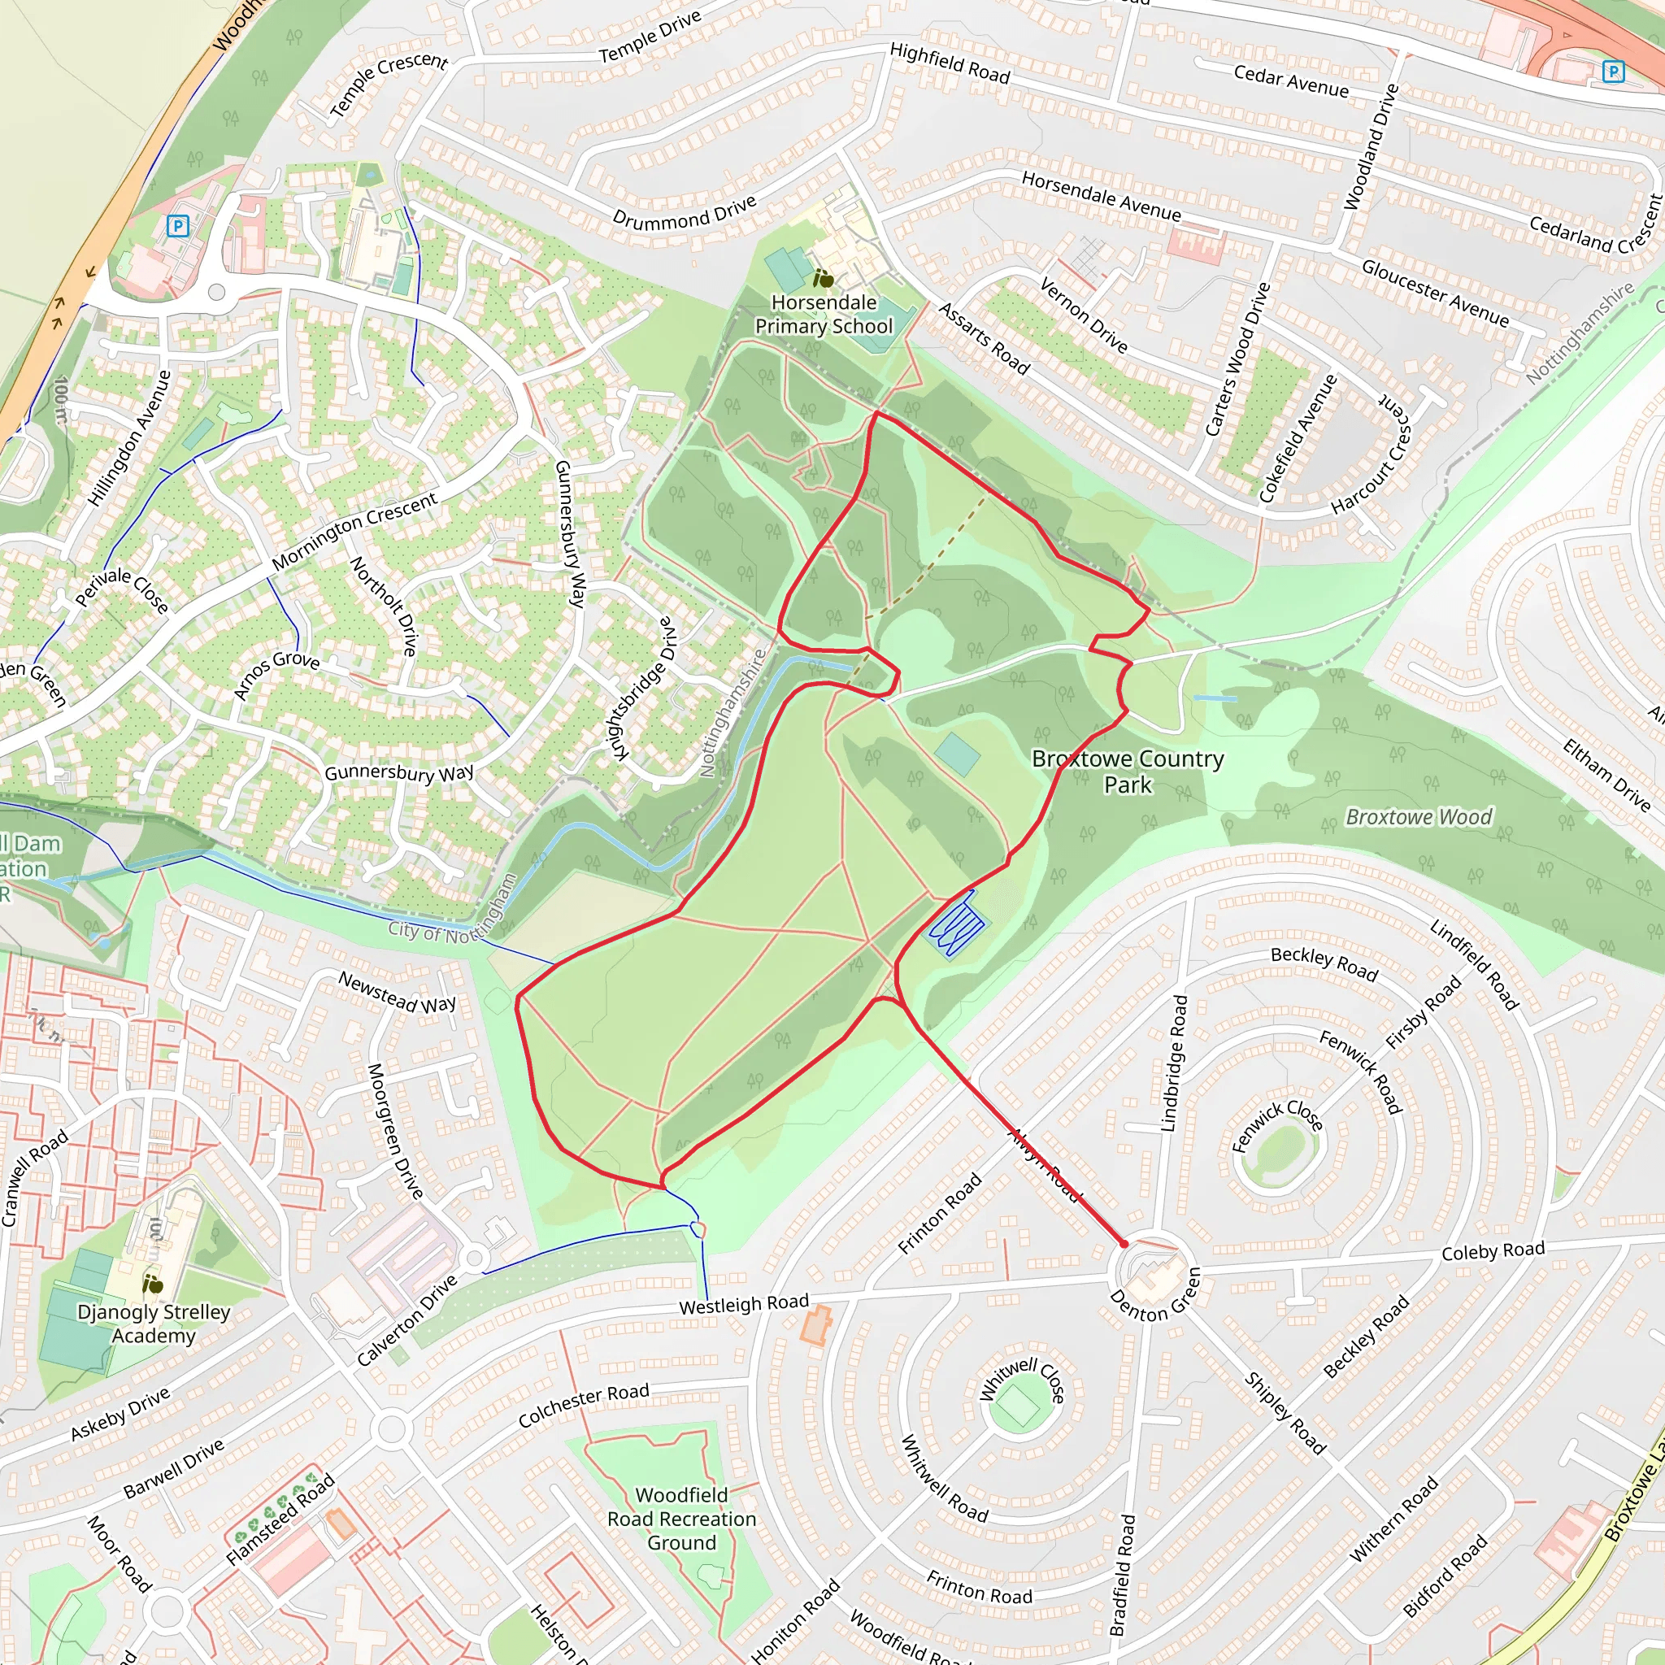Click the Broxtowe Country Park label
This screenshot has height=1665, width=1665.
click(x=1128, y=772)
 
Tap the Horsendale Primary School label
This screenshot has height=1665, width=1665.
click(x=823, y=315)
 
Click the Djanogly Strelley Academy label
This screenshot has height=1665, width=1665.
click(x=154, y=1323)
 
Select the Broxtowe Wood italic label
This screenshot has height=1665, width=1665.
click(x=1419, y=816)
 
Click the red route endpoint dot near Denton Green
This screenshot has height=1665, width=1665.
click(x=1124, y=1244)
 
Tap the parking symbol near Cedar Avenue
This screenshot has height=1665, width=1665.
click(x=1612, y=72)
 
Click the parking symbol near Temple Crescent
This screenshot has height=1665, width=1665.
click(x=177, y=227)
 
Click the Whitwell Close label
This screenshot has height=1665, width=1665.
click(x=1023, y=1379)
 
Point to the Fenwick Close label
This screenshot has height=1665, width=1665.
click(x=1276, y=1124)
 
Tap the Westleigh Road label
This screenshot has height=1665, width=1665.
click(x=744, y=1304)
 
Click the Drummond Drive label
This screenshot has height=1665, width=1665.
click(x=685, y=211)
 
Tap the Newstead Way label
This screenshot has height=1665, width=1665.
click(x=397, y=992)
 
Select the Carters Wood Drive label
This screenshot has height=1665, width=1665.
click(x=1237, y=359)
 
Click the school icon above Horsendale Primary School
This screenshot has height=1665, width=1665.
click(x=823, y=278)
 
